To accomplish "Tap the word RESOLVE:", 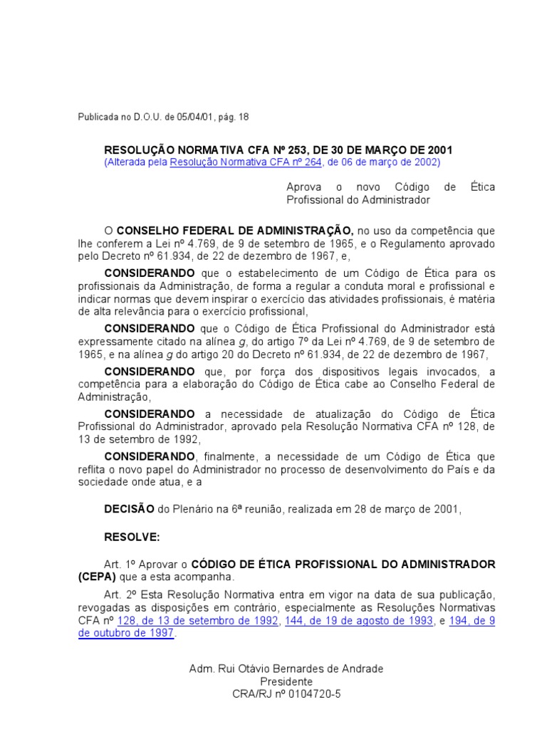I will pyautogui.click(x=132, y=536).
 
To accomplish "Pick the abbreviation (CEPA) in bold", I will pyautogui.click(x=95, y=577).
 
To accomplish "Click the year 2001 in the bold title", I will pyautogui.click(x=440, y=150).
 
